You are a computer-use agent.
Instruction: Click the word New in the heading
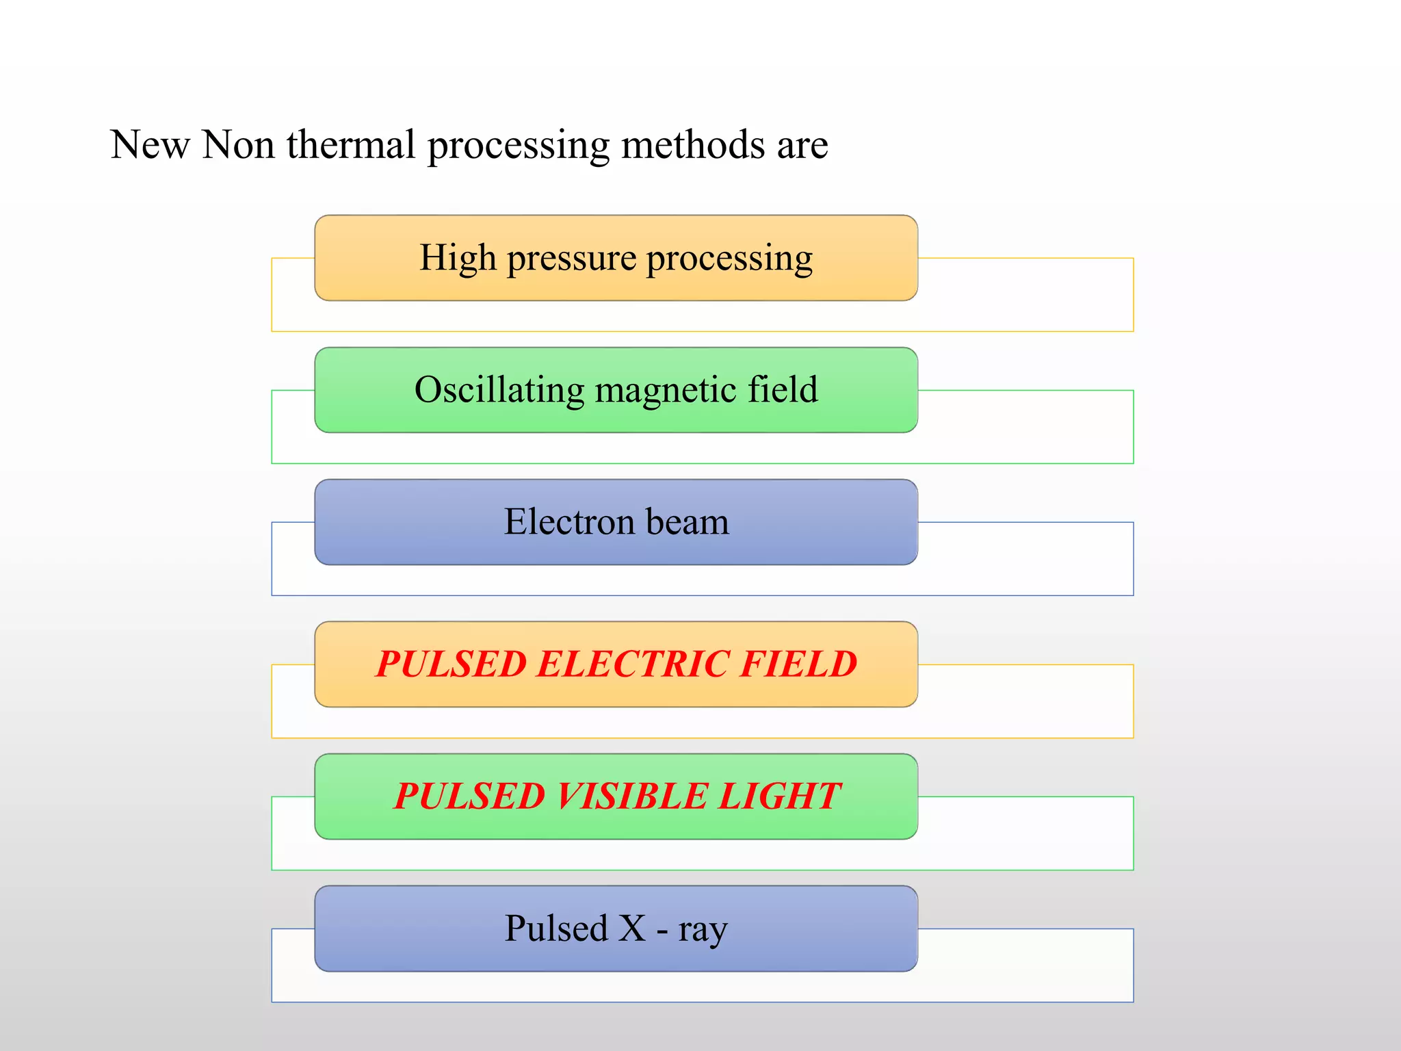(x=150, y=145)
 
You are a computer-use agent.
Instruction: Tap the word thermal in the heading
(x=351, y=145)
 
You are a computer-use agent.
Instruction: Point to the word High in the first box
(x=458, y=258)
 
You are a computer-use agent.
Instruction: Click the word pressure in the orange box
(x=571, y=259)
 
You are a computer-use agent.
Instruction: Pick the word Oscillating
(x=499, y=391)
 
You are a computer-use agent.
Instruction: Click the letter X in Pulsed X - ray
(x=631, y=929)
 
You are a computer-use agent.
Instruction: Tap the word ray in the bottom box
(x=703, y=931)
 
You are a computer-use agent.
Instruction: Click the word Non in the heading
(x=238, y=145)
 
